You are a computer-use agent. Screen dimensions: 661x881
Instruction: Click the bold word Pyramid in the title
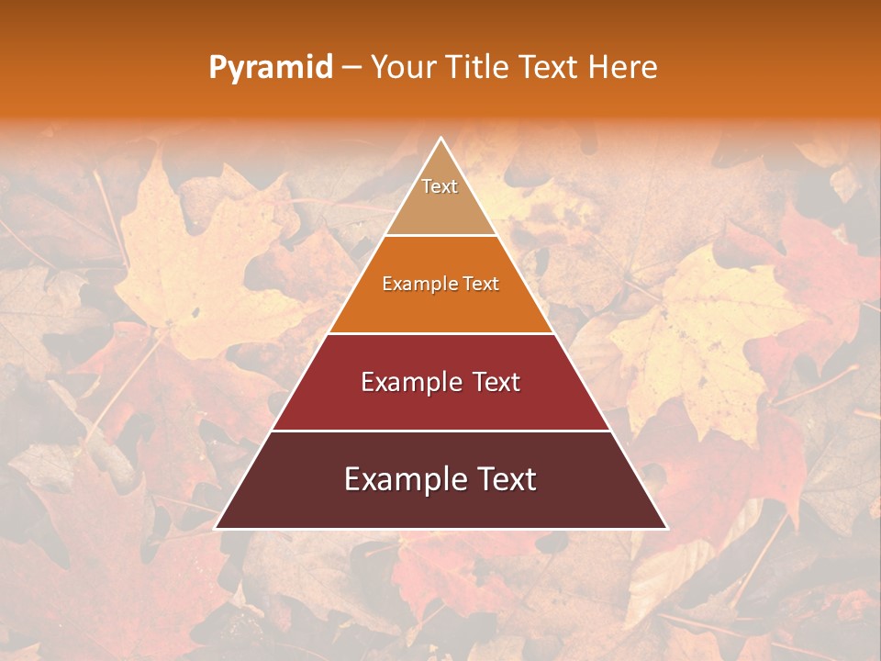tap(270, 68)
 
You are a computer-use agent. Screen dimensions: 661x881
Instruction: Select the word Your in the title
tap(401, 67)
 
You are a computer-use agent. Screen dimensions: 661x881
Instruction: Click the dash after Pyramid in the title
tap(351, 68)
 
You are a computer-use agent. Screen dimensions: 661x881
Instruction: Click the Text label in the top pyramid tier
tap(440, 186)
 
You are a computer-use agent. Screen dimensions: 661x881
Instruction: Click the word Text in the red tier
tap(496, 382)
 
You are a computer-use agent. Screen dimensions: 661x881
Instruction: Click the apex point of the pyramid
tap(441, 139)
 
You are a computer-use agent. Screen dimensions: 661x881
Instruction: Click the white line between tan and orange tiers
tap(440, 236)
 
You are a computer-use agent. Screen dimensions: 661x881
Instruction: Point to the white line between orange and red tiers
tap(440, 333)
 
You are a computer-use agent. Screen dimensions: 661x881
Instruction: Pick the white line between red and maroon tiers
tap(440, 431)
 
